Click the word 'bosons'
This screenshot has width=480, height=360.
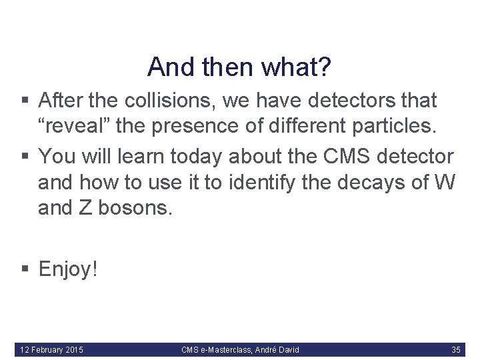[x=135, y=209]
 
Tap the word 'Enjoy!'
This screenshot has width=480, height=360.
[x=69, y=269]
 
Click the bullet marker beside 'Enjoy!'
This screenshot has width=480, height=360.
[x=25, y=269]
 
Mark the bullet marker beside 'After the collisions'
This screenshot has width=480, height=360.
[x=25, y=101]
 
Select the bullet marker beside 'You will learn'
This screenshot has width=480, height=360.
[x=25, y=157]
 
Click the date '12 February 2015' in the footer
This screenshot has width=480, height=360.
[x=52, y=349]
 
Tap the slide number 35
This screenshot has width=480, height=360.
[x=456, y=349]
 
